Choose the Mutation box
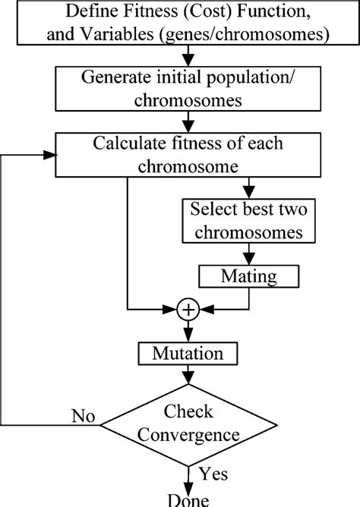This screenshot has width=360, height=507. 187,353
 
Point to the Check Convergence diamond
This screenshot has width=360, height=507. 187,424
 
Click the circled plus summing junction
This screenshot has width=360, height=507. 187,309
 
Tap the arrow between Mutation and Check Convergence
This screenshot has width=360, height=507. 187,377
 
